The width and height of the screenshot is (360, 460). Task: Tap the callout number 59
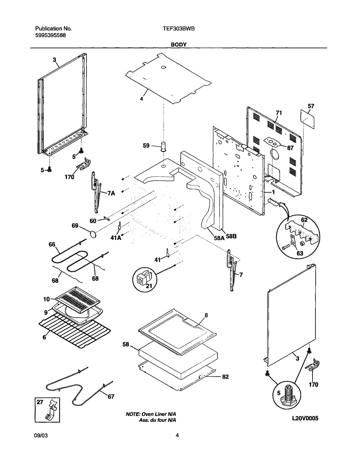click(146, 146)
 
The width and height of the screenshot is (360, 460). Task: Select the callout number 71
click(279, 113)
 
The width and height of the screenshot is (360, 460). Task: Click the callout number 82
click(225, 377)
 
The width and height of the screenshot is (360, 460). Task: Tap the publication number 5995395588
click(50, 35)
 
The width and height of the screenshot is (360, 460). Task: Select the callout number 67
click(111, 397)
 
